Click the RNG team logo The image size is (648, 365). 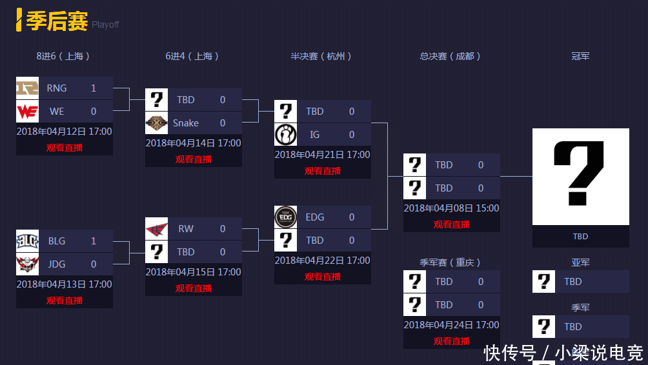[x=27, y=88]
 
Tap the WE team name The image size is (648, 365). [x=57, y=112]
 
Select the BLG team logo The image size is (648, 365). [x=27, y=241]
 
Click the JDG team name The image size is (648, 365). [x=57, y=264]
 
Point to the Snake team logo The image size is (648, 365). [x=156, y=123]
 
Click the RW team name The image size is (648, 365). [x=186, y=229]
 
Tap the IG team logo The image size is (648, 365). [x=285, y=135]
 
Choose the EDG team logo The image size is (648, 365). [x=285, y=217]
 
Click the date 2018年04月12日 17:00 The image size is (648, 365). [x=65, y=132]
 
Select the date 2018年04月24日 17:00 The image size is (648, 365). [x=452, y=325]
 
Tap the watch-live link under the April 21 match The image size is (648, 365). [x=323, y=171]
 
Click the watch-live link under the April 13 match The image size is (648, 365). [x=65, y=300]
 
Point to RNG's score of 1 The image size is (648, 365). [x=94, y=88]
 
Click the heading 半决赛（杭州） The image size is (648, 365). [x=321, y=57]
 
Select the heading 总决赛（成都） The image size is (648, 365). [x=451, y=57]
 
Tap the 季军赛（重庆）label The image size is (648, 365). [x=451, y=262]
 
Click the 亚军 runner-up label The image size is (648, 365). [x=580, y=262]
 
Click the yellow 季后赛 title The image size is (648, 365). [x=57, y=21]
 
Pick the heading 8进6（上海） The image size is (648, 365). [x=63, y=57]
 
